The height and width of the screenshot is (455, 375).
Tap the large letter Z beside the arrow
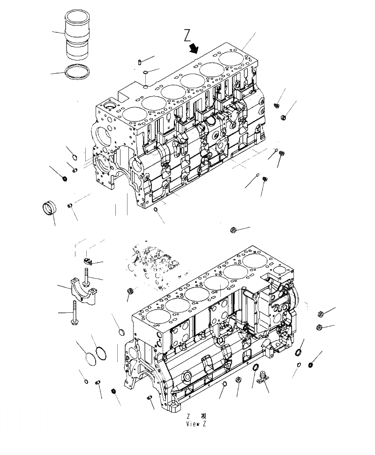pos(187,35)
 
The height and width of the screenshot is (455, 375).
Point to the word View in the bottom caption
pos(193,424)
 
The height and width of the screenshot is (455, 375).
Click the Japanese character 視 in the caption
pos(203,416)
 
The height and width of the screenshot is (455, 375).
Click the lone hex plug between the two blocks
pos(233,229)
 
